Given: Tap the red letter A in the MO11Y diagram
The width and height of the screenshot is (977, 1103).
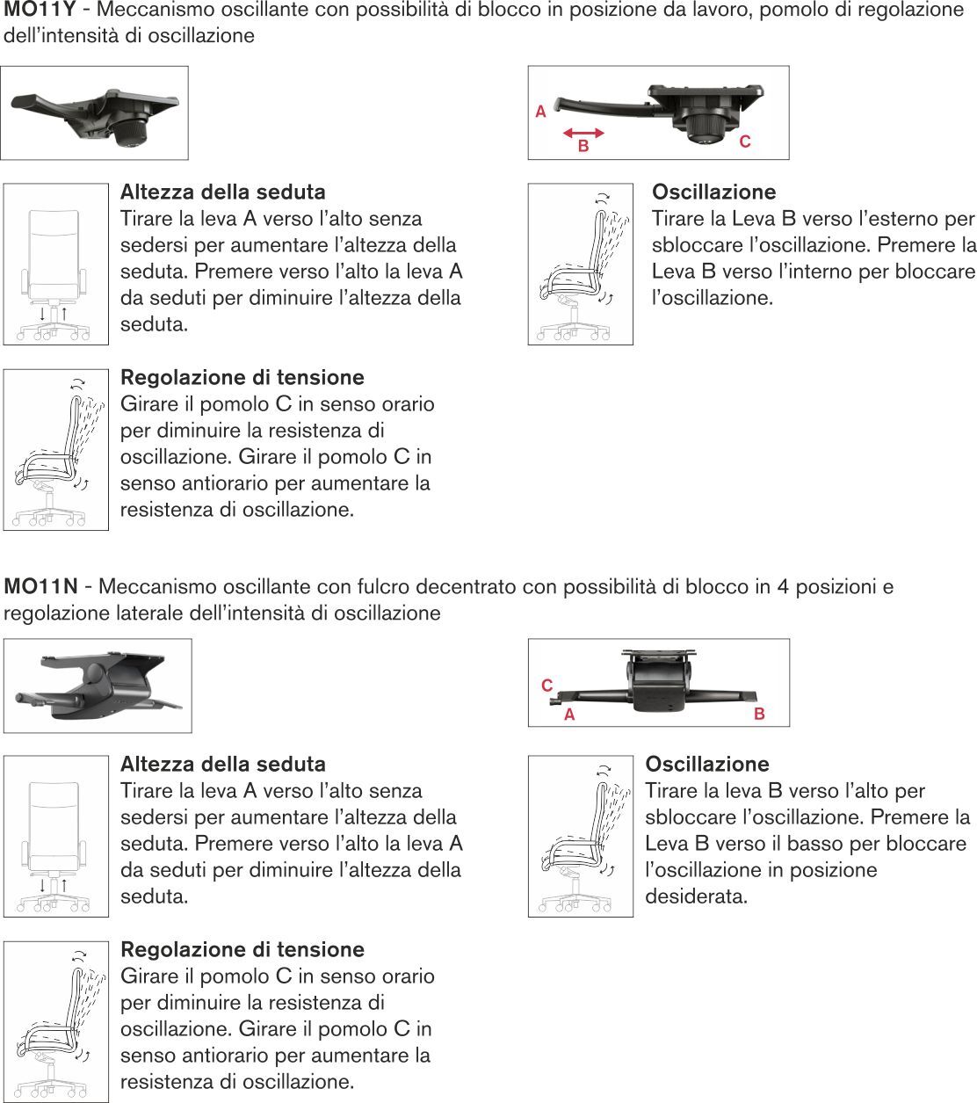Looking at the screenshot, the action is (x=540, y=112).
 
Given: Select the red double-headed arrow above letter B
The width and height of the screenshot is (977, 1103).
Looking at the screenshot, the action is (x=583, y=133).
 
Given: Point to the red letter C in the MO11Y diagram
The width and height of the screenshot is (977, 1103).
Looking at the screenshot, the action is (x=745, y=141).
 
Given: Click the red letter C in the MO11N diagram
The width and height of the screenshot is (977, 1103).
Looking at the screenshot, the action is (x=547, y=686).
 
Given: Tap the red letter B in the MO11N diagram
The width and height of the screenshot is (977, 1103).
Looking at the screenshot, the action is (x=759, y=715).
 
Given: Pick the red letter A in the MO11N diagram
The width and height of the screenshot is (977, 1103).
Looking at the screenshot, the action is (x=569, y=715).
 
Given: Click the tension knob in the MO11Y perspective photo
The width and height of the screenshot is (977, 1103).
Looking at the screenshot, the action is (x=129, y=132).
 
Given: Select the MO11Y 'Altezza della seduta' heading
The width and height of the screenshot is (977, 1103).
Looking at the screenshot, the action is (x=222, y=192).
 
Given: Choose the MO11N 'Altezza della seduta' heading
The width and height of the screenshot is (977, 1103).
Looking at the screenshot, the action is (x=222, y=764).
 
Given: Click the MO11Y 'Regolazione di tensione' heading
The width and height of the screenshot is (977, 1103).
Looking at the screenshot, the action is (x=242, y=377).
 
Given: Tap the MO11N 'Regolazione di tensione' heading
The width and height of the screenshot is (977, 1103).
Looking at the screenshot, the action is (x=242, y=949).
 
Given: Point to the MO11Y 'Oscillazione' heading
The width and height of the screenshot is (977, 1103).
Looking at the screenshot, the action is (x=713, y=192).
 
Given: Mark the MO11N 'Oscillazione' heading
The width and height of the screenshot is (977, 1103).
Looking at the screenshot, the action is (x=707, y=764).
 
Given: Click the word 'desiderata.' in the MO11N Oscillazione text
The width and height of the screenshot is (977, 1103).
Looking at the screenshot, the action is (x=696, y=896).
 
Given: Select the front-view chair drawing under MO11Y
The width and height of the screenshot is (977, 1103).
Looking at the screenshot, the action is (x=56, y=264).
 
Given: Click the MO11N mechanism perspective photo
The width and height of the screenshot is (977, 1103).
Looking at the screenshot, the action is (x=98, y=686).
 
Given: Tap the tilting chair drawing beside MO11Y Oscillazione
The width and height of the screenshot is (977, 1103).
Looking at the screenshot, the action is (x=580, y=264).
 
